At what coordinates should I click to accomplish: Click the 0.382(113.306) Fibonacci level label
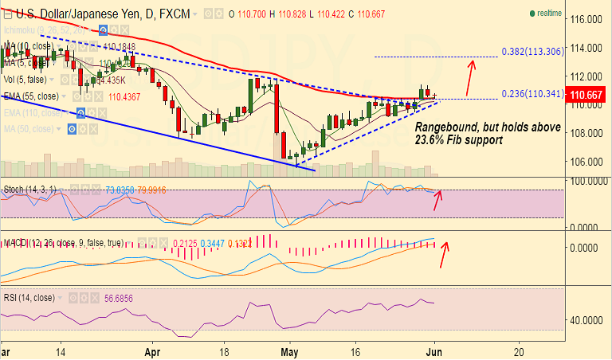533,51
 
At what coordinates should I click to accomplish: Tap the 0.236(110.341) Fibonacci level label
533,94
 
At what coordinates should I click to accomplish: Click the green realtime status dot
532,14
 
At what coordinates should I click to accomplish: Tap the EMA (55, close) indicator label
31,96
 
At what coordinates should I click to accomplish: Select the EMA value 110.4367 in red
124,96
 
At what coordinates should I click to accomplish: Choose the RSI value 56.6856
124,298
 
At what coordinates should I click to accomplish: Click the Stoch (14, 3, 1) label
29,190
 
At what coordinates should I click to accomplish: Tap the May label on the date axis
289,350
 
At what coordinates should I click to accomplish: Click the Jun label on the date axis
436,350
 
